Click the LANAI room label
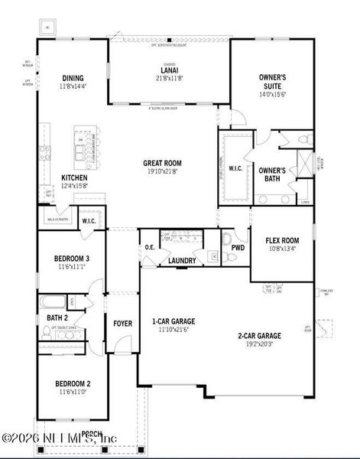(169, 70)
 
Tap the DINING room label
(73, 77)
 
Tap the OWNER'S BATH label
(272, 174)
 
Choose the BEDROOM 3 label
(72, 259)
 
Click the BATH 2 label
(57, 317)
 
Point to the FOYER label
(122, 324)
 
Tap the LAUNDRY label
(181, 261)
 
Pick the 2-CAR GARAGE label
(259, 335)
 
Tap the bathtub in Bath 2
(53, 301)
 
